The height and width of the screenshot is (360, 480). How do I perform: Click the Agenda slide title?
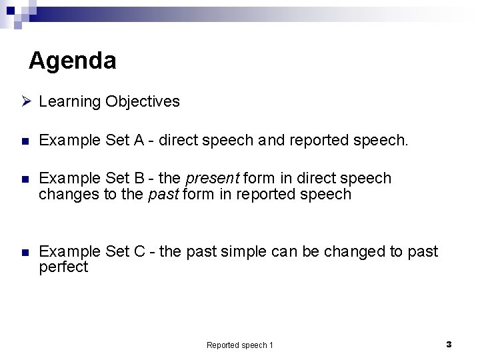(73, 61)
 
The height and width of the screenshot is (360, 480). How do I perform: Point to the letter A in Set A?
(139, 141)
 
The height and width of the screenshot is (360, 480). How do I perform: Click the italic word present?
(213, 179)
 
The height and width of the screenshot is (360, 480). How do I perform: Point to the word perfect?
(63, 267)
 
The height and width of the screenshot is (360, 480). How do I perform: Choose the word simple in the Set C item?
(231, 252)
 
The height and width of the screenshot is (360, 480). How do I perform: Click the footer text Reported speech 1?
(240, 345)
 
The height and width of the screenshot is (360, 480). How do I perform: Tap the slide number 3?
(449, 344)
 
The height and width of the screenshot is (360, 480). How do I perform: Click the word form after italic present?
(259, 179)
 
